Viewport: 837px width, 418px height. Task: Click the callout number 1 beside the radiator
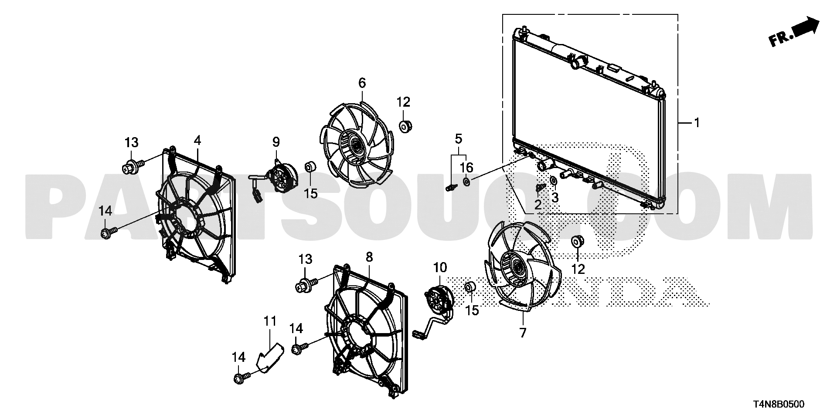tap(697, 123)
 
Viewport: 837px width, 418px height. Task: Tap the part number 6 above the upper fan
tap(362, 83)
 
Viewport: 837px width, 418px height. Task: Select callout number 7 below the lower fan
tap(523, 334)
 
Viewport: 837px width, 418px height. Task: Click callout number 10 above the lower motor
tap(440, 267)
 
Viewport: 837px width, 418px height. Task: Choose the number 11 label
tap(270, 321)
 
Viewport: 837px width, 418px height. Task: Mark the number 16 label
tap(466, 167)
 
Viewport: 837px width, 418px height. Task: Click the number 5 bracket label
tap(458, 139)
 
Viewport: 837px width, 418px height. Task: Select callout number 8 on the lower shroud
tap(369, 257)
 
